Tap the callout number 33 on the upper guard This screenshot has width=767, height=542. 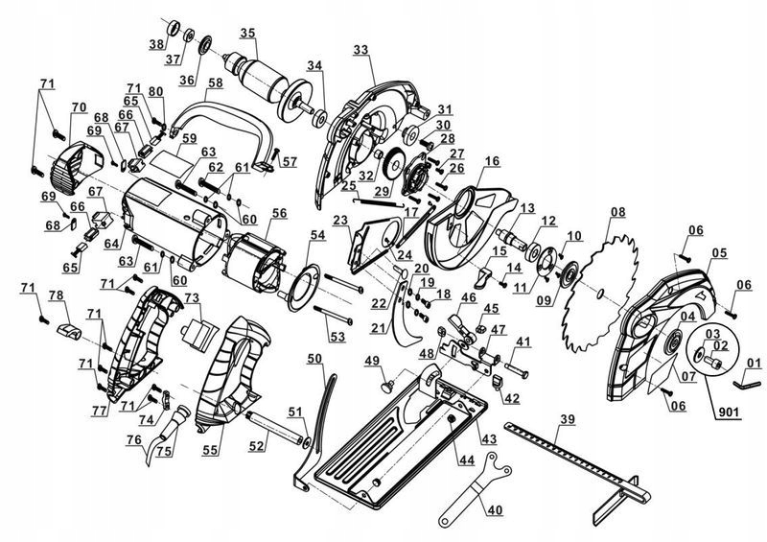coord(360,49)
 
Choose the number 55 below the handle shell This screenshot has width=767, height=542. coord(210,449)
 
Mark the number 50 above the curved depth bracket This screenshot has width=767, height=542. coord(315,358)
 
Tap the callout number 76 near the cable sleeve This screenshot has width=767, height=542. coord(131,441)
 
